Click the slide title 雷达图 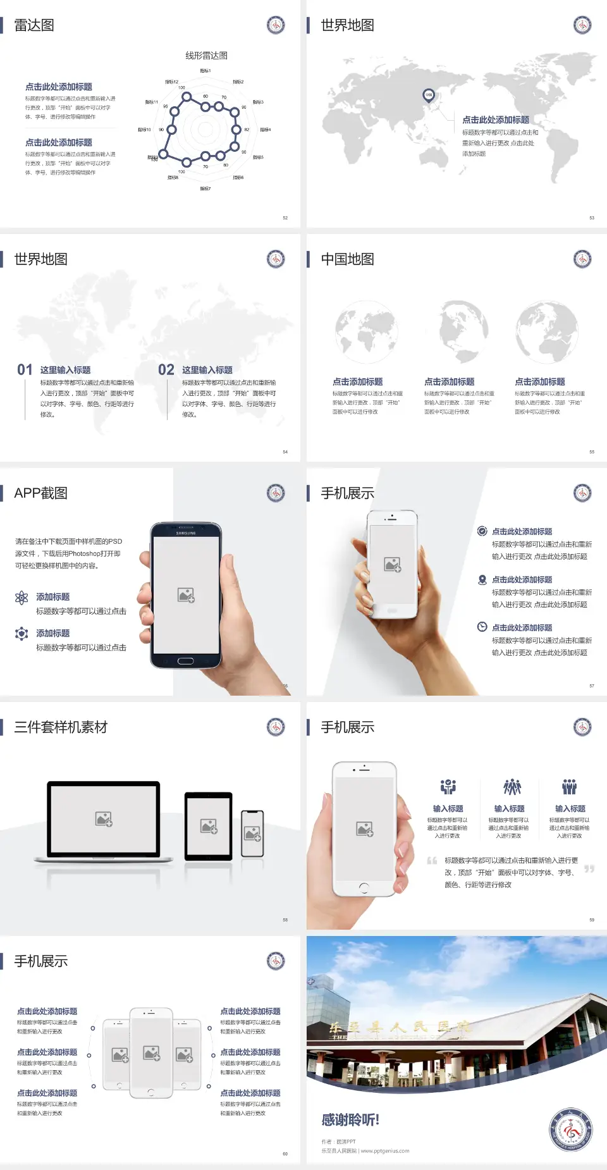tap(34, 25)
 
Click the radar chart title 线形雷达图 tap(206, 56)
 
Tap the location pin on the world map tap(429, 95)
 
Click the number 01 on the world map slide tap(25, 370)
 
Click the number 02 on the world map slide tap(166, 370)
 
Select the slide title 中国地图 tap(347, 259)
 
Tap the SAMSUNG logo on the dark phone tap(186, 533)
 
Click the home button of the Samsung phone tap(185, 661)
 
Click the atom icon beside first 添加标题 tap(21, 598)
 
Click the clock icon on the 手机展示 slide tap(482, 627)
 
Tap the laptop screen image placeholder tap(104, 818)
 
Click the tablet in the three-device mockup tap(209, 825)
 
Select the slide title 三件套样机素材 tap(61, 727)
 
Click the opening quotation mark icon tap(432, 861)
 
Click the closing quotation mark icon tap(589, 869)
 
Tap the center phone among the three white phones tap(151, 1052)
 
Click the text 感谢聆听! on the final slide tap(350, 1120)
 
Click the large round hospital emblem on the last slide tap(570, 1130)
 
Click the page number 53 tap(592, 218)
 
